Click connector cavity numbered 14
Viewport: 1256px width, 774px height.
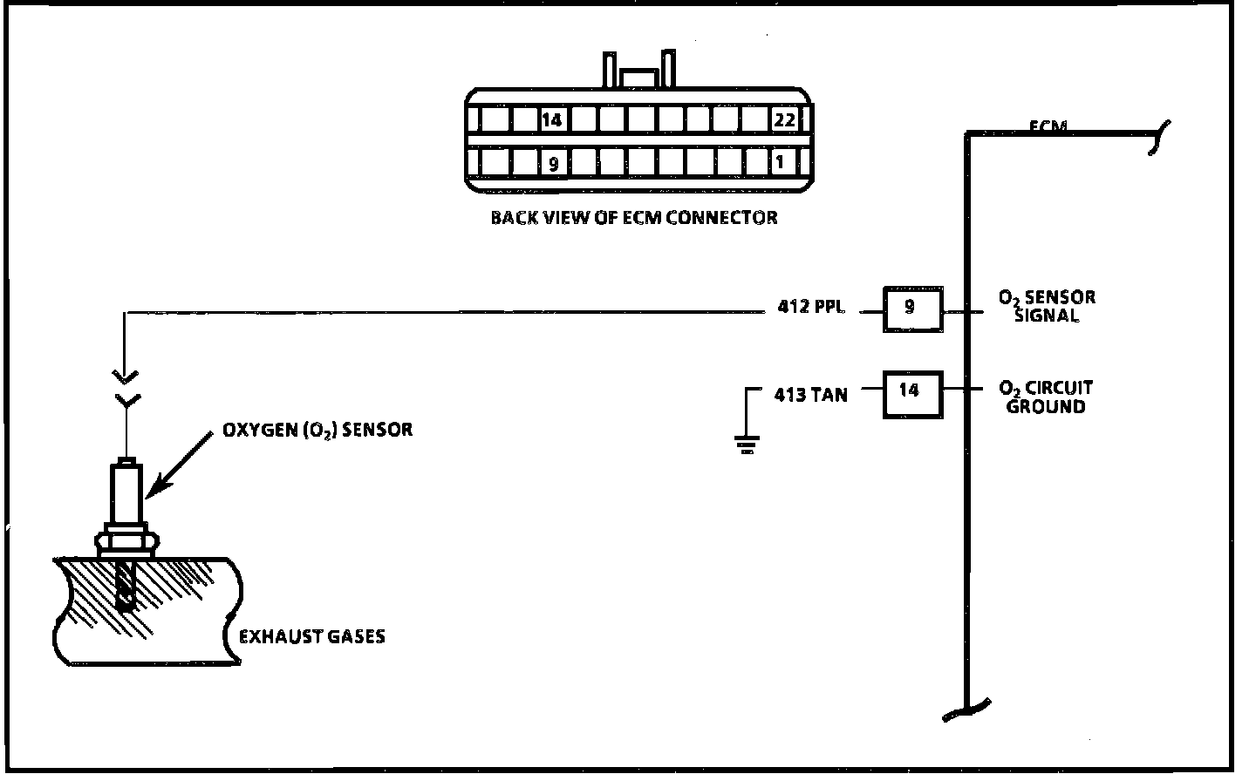(551, 119)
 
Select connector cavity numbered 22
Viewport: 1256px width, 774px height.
(784, 119)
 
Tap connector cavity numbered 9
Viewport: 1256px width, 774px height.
(551, 162)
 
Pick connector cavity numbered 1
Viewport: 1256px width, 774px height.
(781, 162)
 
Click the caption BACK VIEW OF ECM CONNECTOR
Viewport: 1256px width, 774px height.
(633, 217)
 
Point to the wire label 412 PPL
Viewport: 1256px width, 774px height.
(811, 308)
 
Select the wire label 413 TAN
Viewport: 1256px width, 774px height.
(810, 395)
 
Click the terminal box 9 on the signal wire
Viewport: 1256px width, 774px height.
(912, 309)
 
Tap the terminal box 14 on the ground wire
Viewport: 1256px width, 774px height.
(912, 395)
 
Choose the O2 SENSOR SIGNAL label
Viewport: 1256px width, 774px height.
(1047, 306)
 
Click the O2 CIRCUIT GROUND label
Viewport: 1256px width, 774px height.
(1046, 397)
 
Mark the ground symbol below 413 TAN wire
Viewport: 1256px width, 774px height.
(747, 445)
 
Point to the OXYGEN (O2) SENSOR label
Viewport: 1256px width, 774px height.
(317, 430)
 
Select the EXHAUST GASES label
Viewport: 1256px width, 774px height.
(312, 636)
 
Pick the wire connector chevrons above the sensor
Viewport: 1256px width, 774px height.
(126, 389)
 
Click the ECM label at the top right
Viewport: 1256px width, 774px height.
(1048, 126)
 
